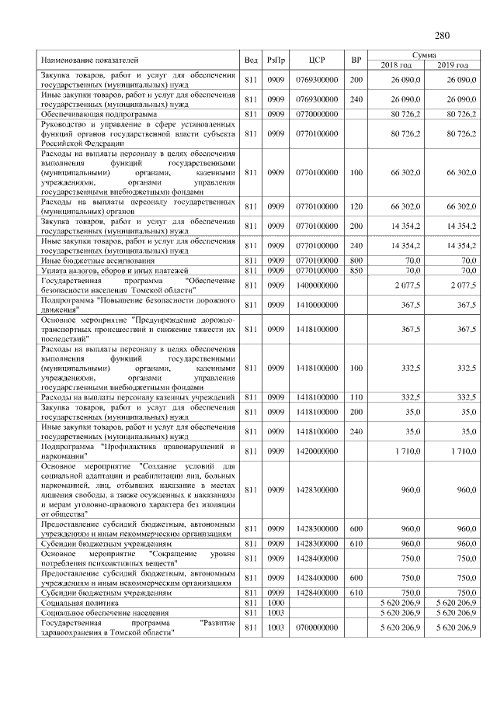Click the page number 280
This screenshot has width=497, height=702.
(443, 35)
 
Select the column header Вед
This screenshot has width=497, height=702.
(250, 60)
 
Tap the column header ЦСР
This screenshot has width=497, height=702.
(316, 60)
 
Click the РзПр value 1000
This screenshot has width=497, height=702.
(276, 602)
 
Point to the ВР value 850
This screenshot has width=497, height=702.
(356, 271)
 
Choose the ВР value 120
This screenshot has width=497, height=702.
(356, 207)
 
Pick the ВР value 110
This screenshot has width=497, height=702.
(356, 398)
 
